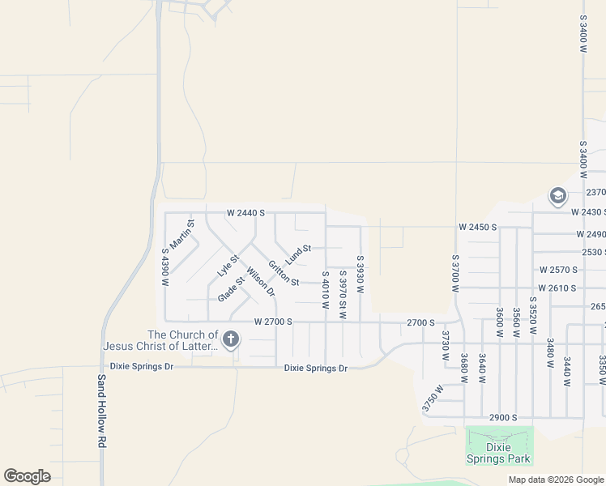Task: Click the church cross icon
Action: click(x=231, y=339)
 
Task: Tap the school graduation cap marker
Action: click(x=557, y=196)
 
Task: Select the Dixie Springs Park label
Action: click(x=498, y=453)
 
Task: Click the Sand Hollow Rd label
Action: click(x=103, y=411)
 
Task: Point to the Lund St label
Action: click(x=298, y=254)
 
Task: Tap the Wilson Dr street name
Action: click(x=261, y=281)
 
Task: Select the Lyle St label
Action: click(x=228, y=266)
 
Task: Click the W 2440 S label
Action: click(x=246, y=213)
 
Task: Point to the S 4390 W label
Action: click(x=165, y=267)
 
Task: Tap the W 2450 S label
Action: click(x=477, y=227)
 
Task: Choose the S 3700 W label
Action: click(x=455, y=274)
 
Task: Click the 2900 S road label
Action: click(x=503, y=417)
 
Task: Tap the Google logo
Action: click(x=27, y=476)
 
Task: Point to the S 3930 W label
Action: click(x=360, y=275)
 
